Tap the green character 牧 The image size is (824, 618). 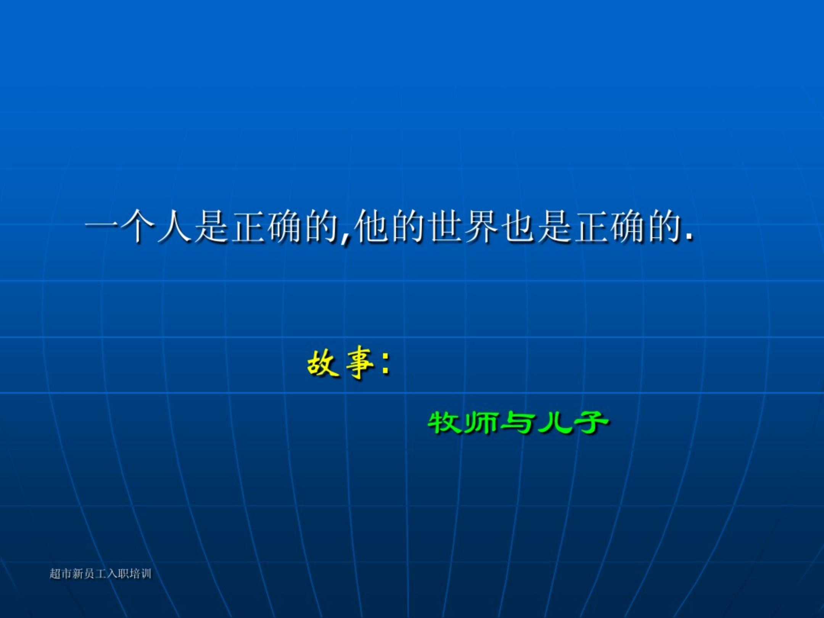coord(445,422)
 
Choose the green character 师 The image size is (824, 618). coord(481,422)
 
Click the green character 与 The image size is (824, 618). coord(518,423)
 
